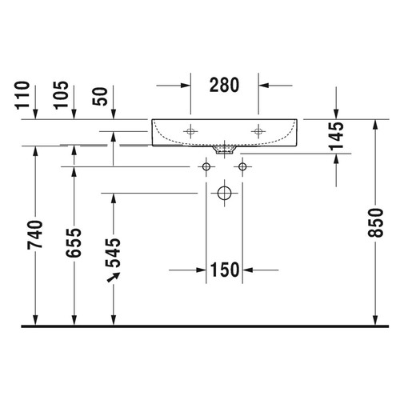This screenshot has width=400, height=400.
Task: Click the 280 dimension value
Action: click(224, 85)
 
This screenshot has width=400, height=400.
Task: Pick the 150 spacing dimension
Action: click(225, 270)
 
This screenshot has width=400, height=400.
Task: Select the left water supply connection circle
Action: click(206, 166)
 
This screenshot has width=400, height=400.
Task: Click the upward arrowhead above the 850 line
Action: click(376, 125)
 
